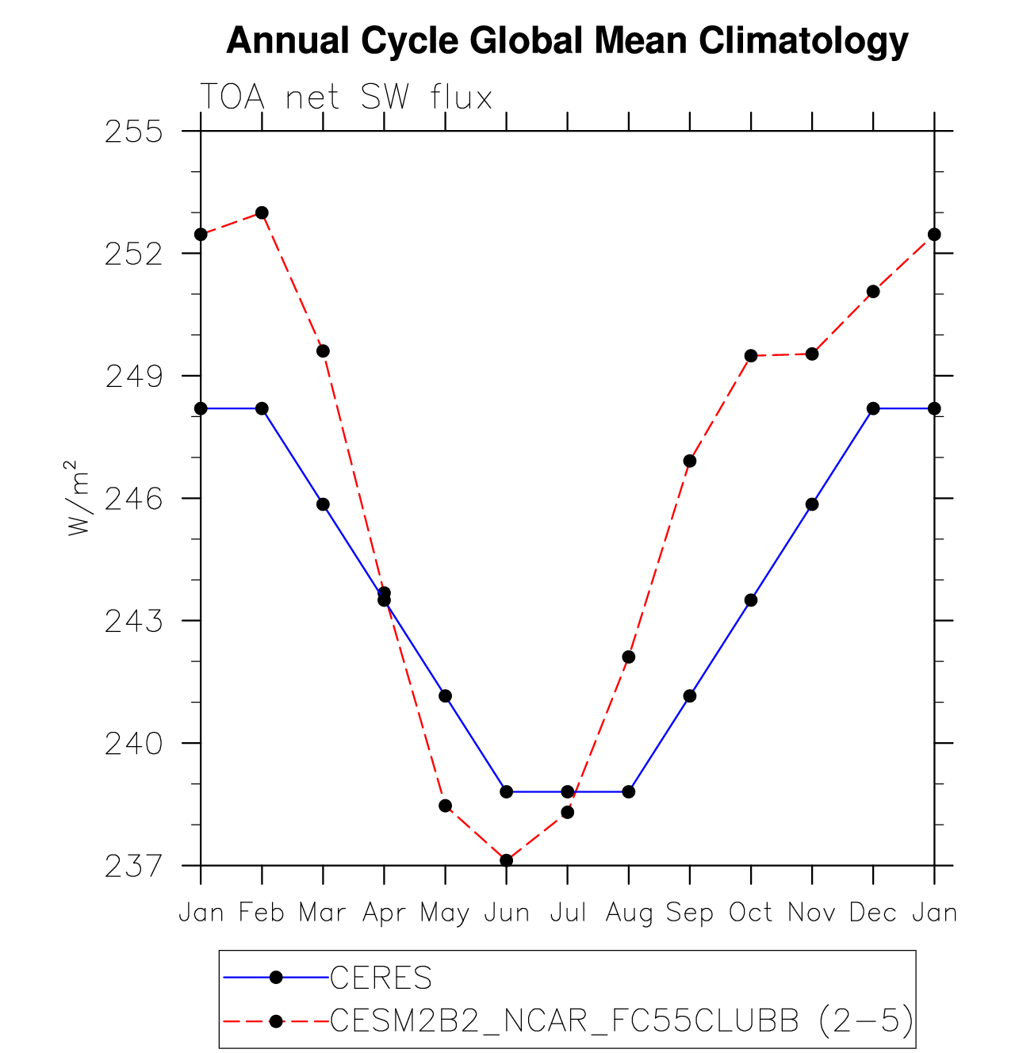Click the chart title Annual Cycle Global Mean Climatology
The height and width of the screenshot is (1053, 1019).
click(566, 40)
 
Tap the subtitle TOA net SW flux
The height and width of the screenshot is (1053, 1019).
click(346, 98)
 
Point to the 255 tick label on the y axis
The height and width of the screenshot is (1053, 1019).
click(133, 132)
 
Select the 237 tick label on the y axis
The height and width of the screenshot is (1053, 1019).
click(133, 866)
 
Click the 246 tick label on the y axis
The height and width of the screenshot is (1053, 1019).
click(133, 499)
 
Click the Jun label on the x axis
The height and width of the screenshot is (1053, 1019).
click(507, 913)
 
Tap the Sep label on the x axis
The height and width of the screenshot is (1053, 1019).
click(690, 913)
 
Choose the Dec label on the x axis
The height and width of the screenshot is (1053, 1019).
click(873, 913)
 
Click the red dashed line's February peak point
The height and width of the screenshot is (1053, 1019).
click(262, 213)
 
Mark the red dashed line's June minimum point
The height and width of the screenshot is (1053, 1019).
click(507, 860)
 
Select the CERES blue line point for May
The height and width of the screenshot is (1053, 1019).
click(446, 696)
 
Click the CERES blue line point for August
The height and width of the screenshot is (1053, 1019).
click(629, 791)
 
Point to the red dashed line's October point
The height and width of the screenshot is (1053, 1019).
click(751, 356)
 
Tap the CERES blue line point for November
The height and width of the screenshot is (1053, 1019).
click(812, 504)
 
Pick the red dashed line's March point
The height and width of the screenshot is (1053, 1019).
click(323, 351)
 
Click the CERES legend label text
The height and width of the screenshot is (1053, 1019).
click(381, 978)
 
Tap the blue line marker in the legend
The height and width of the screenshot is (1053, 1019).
click(276, 978)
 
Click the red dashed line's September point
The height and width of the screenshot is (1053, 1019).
click(690, 461)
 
